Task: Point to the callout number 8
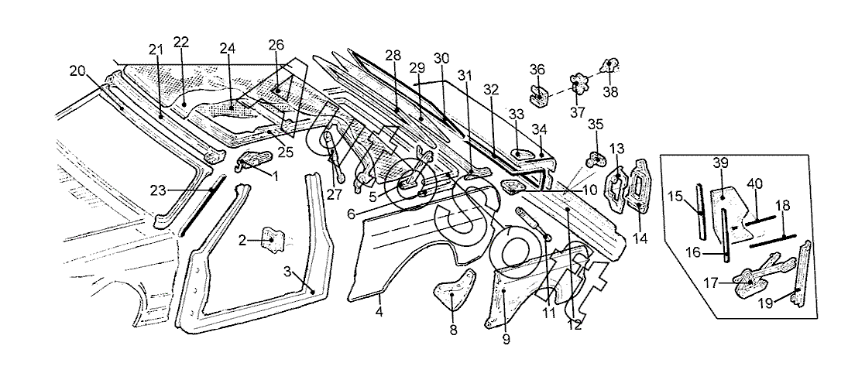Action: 454,330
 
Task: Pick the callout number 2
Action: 242,241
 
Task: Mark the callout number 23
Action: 158,188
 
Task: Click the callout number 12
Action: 574,325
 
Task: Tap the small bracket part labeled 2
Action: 273,240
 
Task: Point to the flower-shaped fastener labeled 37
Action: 578,82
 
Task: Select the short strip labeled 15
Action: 701,211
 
